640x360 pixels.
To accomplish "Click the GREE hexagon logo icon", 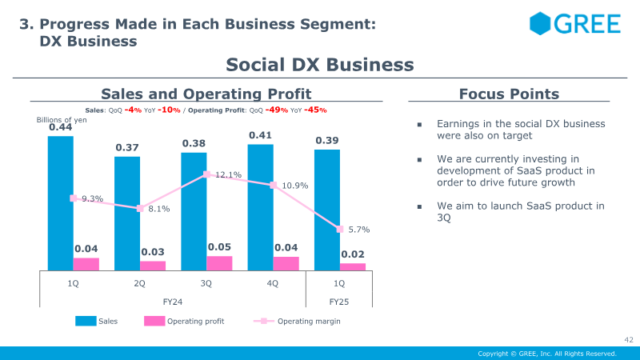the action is pos(540,23).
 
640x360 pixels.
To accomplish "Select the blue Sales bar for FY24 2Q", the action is pos(127,214).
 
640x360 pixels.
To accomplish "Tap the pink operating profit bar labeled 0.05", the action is pos(219,263).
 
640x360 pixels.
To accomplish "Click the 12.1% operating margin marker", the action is pos(206,174).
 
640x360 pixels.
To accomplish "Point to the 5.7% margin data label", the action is pos(359,230).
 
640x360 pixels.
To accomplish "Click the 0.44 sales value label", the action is pos(61,127).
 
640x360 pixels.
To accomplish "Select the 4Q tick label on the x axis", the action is pos(272,283).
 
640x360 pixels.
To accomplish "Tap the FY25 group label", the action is pos(338,302).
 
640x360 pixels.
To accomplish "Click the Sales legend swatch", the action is pos(86,321).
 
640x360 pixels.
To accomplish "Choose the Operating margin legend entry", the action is pos(297,322).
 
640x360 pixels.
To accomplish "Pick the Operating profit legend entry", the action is pos(184,322).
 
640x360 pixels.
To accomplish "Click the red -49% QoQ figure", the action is pos(277,110).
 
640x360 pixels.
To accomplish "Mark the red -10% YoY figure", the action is pos(169,110).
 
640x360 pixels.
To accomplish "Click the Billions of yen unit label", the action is pos(62,119).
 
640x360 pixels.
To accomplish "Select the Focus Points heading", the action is pos(509,94).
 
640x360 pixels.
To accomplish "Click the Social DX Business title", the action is pos(320,65).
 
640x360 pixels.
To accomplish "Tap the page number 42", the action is pos(629,339).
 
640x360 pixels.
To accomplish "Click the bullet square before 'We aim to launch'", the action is pos(419,207).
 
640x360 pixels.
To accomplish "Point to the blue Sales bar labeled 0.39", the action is pos(327,210).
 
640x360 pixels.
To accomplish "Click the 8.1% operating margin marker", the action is pos(140,209).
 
